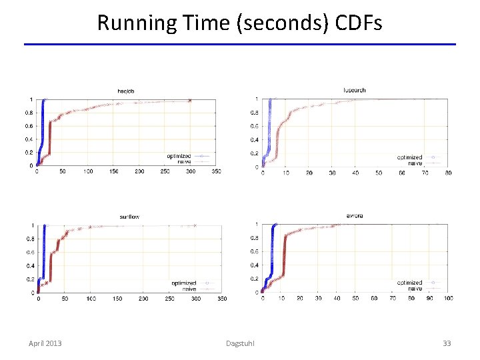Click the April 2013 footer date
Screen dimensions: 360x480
pos(45,343)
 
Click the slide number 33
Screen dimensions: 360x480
pos(447,343)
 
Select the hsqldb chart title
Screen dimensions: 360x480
pos(127,91)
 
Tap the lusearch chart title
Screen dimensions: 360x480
pos(354,90)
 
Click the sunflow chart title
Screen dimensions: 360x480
pos(129,217)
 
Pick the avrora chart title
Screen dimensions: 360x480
pos(355,216)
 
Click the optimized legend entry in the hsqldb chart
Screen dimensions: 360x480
pos(179,156)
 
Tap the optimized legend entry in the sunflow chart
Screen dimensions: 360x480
pos(184,283)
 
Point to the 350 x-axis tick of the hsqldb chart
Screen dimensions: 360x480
pos(216,172)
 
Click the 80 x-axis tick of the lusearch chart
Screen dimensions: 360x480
pos(448,173)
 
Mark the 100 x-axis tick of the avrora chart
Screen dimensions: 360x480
pos(448,299)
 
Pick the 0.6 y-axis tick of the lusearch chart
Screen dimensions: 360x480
pos(254,126)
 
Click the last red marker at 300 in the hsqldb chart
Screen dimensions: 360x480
pos(190,101)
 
